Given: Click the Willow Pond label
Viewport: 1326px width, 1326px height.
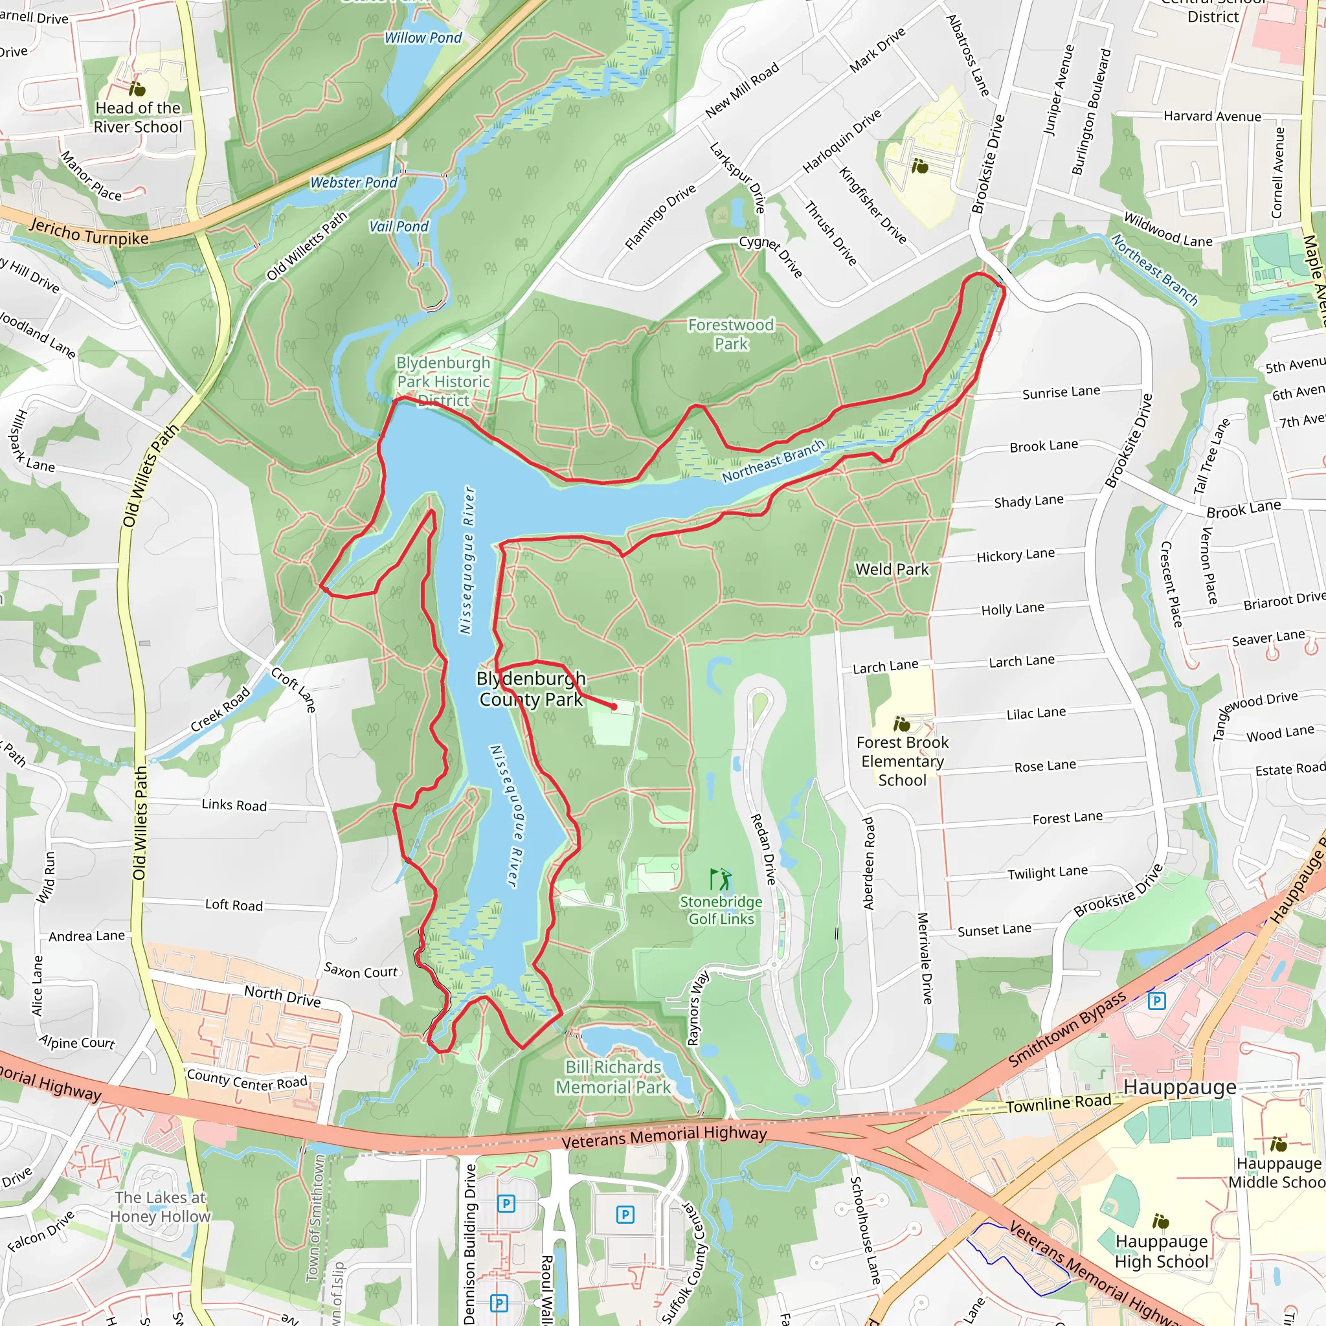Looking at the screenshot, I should coord(423,38).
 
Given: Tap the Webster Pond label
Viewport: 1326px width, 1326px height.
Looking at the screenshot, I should coord(354,183).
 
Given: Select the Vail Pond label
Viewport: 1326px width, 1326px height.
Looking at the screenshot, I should coord(398,227).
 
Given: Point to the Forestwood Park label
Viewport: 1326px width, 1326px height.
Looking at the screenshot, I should coord(730,334).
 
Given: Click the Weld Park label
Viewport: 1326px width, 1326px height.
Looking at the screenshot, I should coord(892,569).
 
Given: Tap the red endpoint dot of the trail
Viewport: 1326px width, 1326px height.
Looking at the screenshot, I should coord(614,706).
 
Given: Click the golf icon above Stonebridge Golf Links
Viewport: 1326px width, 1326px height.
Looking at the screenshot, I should coord(720,879).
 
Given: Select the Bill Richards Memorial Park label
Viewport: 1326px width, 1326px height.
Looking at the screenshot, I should coord(613,1077).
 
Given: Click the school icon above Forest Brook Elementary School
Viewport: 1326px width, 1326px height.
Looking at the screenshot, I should coord(901,724).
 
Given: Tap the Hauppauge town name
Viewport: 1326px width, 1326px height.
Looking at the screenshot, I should coord(1179,1087).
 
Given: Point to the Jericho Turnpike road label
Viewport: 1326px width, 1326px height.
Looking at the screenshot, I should coord(89,231).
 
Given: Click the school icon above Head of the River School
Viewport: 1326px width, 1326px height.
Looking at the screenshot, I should coord(137,89).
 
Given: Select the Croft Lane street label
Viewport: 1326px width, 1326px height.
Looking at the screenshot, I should coord(293,689).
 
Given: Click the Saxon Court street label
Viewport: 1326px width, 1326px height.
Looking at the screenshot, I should coord(361,971).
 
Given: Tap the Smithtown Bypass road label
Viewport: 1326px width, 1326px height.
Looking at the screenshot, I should coord(1066,1029).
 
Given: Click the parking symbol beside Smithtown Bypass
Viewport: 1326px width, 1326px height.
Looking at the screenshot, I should coord(1156,1001).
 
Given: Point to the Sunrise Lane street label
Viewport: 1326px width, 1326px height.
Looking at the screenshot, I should coord(1061,392).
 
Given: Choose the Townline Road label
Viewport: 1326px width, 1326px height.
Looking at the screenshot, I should coord(1059,1104).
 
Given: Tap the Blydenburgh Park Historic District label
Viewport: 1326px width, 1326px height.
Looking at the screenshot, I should coord(444,381).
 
